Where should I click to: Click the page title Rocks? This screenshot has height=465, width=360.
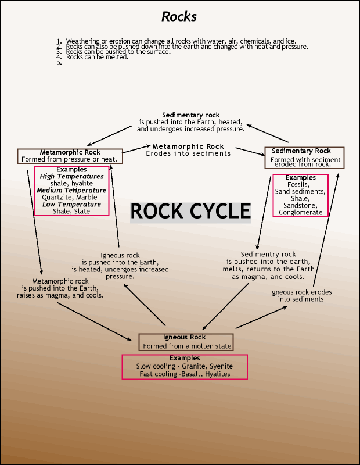click(x=179, y=16)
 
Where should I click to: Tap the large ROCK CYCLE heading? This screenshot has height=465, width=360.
click(x=190, y=211)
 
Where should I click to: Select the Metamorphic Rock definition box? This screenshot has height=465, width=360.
click(x=70, y=156)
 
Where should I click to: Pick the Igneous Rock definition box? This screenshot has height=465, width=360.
click(x=186, y=342)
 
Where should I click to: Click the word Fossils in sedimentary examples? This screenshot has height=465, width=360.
click(x=300, y=184)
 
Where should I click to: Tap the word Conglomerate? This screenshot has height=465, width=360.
click(x=300, y=212)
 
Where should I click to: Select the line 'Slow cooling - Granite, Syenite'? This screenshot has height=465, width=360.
click(x=185, y=366)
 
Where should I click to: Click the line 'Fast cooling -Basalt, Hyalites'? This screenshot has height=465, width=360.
click(x=185, y=374)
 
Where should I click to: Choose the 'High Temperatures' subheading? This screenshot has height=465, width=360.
click(x=72, y=176)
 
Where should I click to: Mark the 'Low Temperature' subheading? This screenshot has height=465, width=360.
click(x=72, y=204)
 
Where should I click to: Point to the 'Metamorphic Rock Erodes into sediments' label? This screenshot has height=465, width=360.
click(x=188, y=150)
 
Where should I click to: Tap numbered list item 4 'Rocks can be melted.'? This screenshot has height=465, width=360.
click(x=97, y=57)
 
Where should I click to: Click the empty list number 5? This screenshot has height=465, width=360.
click(x=59, y=62)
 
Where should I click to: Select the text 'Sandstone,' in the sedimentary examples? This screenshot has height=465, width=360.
click(x=300, y=205)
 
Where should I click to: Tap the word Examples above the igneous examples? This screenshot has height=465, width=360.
click(x=185, y=358)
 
